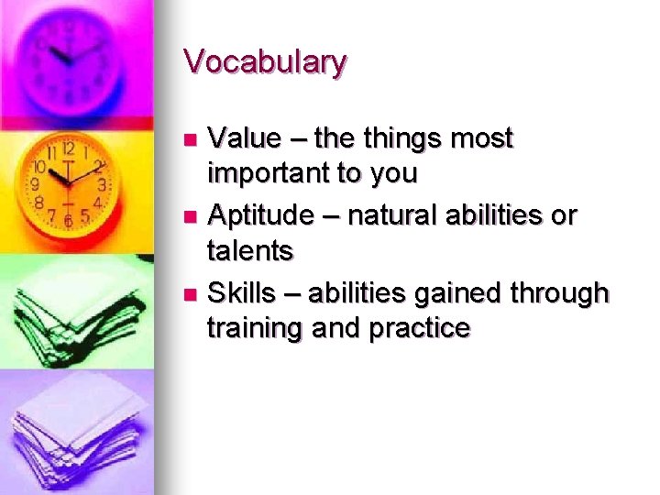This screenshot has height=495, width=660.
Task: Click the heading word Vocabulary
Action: (265, 62)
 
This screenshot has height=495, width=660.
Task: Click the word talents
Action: (249, 249)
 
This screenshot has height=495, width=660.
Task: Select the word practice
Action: (420, 327)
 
